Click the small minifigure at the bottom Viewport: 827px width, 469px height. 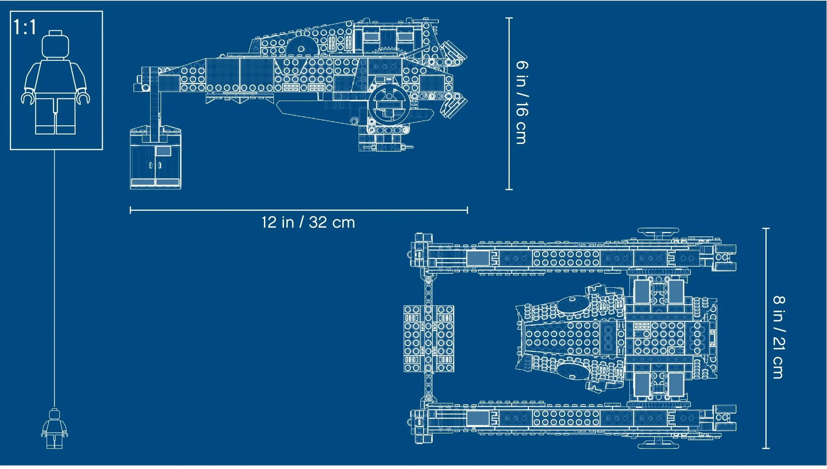(54, 429)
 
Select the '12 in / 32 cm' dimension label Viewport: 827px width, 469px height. (308, 222)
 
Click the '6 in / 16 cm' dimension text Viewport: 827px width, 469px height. (521, 103)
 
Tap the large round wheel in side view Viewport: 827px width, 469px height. (389, 104)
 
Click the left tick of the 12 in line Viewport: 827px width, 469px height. (130, 210)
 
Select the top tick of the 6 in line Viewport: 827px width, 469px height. (509, 18)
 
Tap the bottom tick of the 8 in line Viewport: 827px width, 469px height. (766, 448)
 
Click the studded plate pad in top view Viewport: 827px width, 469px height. (429, 339)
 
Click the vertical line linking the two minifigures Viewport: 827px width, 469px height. (54, 275)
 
